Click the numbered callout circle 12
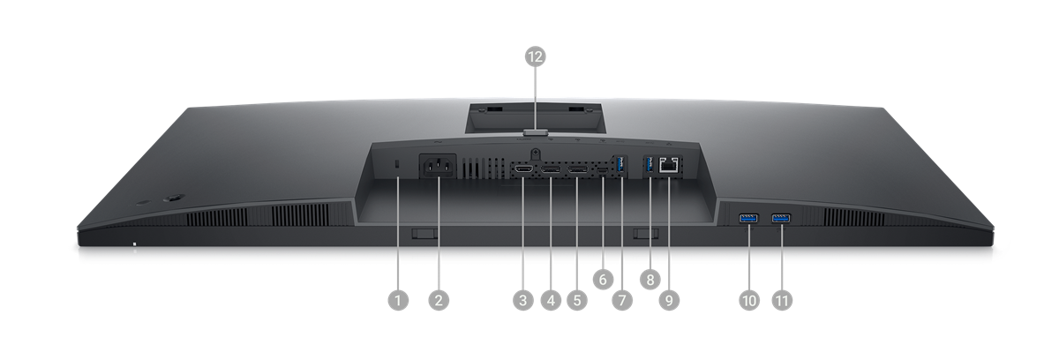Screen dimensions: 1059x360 coord(535,56)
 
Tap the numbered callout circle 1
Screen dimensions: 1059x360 coord(398,300)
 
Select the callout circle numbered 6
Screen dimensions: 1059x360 coord(602,280)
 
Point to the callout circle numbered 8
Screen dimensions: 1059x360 coord(650,280)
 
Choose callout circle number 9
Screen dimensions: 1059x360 coord(669,300)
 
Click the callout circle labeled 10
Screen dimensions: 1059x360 coord(749,300)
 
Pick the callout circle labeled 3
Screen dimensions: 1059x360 coord(522,300)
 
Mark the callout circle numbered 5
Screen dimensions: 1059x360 coord(577,300)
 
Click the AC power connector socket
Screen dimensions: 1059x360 coord(439,166)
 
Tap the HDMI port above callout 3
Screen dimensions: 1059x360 coord(523,169)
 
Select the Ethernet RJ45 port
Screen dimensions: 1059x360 coord(669,164)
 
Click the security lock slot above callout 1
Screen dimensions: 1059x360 coord(397,163)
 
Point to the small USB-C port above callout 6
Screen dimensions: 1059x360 coord(602,169)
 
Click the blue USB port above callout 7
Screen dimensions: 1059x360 coord(621,164)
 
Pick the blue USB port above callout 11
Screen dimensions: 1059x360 coord(781,218)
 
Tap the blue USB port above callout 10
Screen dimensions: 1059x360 coord(748,218)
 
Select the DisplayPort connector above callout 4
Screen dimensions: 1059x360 coord(551,169)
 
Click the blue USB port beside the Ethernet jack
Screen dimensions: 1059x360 coord(650,164)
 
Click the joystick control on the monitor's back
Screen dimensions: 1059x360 coord(174,199)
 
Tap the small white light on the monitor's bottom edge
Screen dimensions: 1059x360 coord(135,244)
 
